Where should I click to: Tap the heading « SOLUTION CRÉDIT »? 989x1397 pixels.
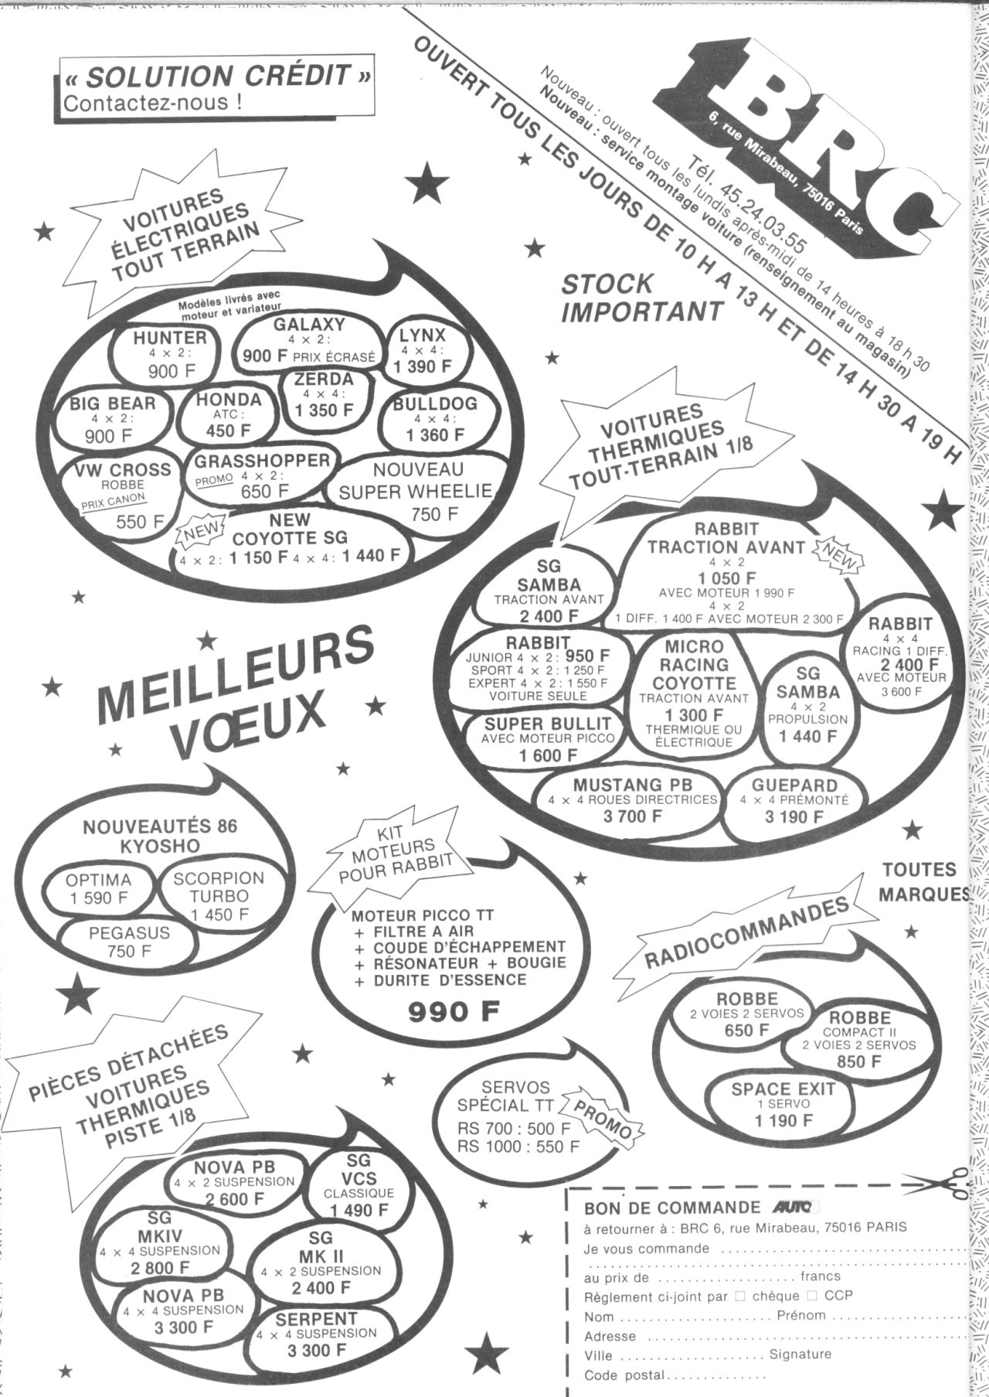pyautogui.click(x=216, y=77)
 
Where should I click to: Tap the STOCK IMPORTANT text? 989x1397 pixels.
pyautogui.click(x=642, y=298)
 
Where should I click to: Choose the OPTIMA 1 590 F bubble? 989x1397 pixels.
pyautogui.click(x=99, y=890)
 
